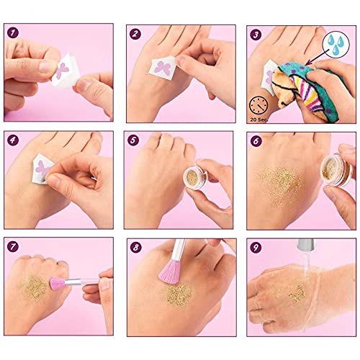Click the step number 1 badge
coord(13,33)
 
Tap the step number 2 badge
coord(135,34)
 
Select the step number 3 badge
coord(256,35)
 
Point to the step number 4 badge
coord(13,140)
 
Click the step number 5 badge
coord(133,140)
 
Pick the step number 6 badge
coord(256,141)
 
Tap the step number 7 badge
coord(13,246)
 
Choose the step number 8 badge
coord(136,248)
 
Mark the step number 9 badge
coord(256,248)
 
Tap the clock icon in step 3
coord(258,105)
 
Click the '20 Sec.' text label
coord(258,120)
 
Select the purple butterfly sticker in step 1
coord(62,70)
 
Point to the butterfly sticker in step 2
coord(163,67)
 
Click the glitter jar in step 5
coord(196,176)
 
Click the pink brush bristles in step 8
coord(170,271)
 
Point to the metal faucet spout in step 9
coord(306,245)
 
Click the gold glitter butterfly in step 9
coord(297,293)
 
